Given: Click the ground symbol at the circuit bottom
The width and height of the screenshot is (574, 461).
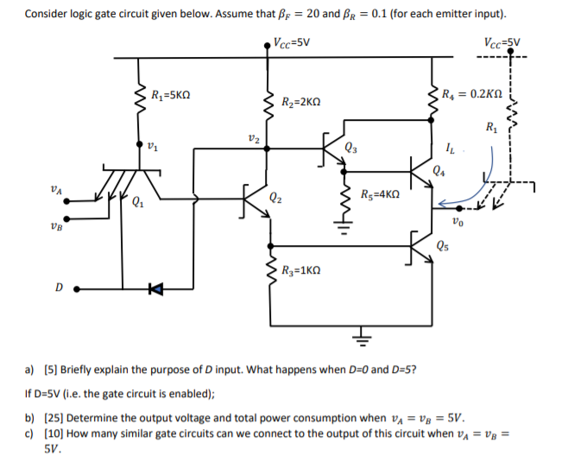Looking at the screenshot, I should pos(360,338).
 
